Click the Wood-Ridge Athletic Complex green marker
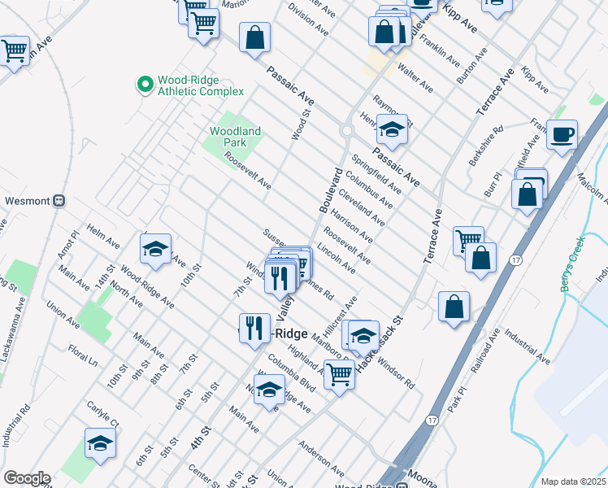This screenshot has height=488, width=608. pos(145,84)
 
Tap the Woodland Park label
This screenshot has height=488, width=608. pos(235,137)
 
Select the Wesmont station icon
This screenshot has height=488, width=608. pos(59,201)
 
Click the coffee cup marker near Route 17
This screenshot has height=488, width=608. pos(561,134)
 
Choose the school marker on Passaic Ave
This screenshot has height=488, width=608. pos(391,129)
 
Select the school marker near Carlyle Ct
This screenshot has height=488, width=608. pos(100,442)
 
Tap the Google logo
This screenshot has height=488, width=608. pos(26,478)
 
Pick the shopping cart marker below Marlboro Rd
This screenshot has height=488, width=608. pos(339,375)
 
